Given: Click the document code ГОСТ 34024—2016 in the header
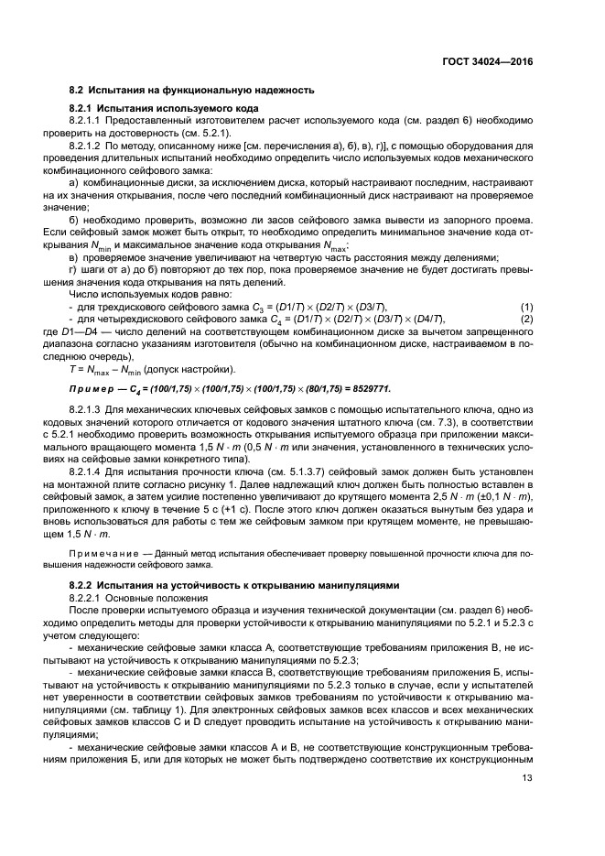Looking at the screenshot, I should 487,61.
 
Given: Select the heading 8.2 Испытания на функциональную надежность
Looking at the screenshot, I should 192,90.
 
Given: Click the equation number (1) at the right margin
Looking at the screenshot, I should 526,305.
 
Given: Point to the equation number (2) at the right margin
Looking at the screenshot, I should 526,317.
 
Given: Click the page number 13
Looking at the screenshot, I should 526,804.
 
